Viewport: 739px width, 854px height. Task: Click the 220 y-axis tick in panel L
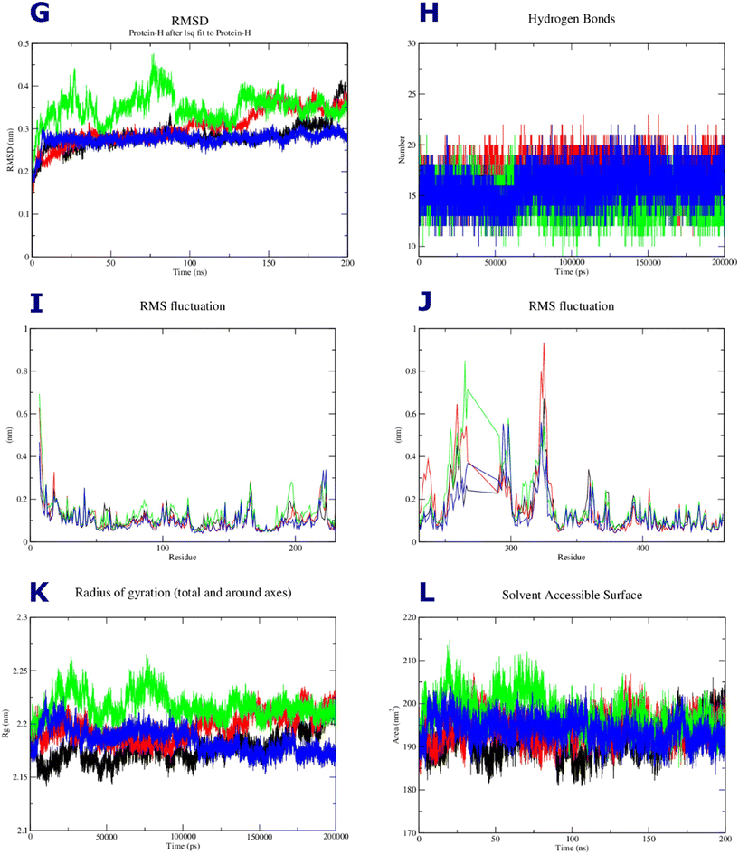pyautogui.click(x=407, y=617)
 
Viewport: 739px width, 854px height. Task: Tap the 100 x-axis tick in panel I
pyautogui.click(x=162, y=549)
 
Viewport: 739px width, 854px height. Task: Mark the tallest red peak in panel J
pyautogui.click(x=544, y=343)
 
